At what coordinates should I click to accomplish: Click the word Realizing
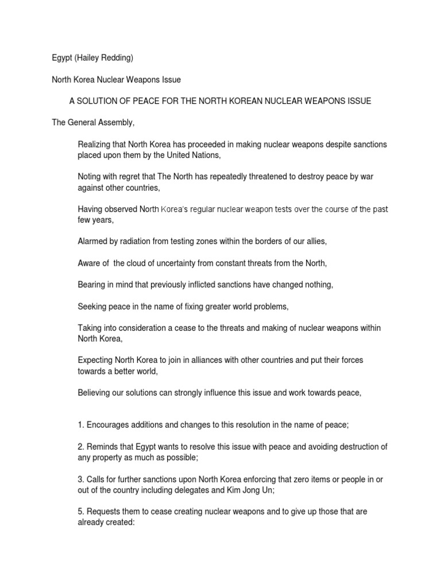pos(95,144)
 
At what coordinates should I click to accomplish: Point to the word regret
pos(132,177)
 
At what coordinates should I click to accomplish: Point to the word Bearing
pos(92,284)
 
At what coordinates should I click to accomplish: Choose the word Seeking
pos(92,306)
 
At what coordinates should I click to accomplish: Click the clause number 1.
pos(80,425)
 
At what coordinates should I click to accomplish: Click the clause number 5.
pos(80,512)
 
